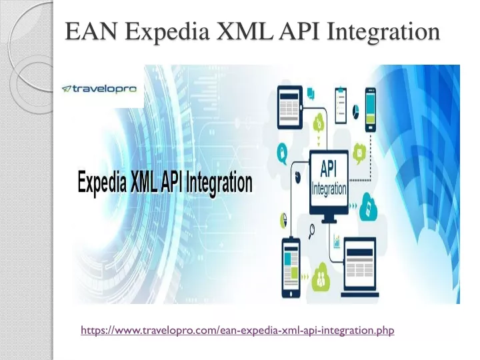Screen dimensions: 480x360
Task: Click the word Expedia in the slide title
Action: coord(167,32)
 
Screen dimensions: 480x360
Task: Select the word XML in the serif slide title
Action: coord(245,31)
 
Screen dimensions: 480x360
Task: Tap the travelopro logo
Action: coord(99,89)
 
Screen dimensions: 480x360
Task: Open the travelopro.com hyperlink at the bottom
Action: coord(237,330)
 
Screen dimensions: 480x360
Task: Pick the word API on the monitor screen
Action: coord(328,169)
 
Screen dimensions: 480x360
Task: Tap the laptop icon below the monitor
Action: coord(360,267)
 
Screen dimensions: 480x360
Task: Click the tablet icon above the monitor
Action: coord(289,107)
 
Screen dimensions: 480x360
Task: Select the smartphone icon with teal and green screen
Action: coord(371,109)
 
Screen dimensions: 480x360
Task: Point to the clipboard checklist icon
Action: coord(341,105)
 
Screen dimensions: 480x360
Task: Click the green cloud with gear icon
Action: coord(319,121)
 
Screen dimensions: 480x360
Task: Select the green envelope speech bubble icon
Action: coord(359,153)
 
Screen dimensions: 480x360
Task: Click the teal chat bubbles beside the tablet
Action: coord(311,93)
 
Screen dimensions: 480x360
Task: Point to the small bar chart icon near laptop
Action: coord(337,241)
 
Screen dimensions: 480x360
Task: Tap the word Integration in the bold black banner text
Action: coord(219,183)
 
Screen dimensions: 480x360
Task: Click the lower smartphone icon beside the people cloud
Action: coord(291,268)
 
